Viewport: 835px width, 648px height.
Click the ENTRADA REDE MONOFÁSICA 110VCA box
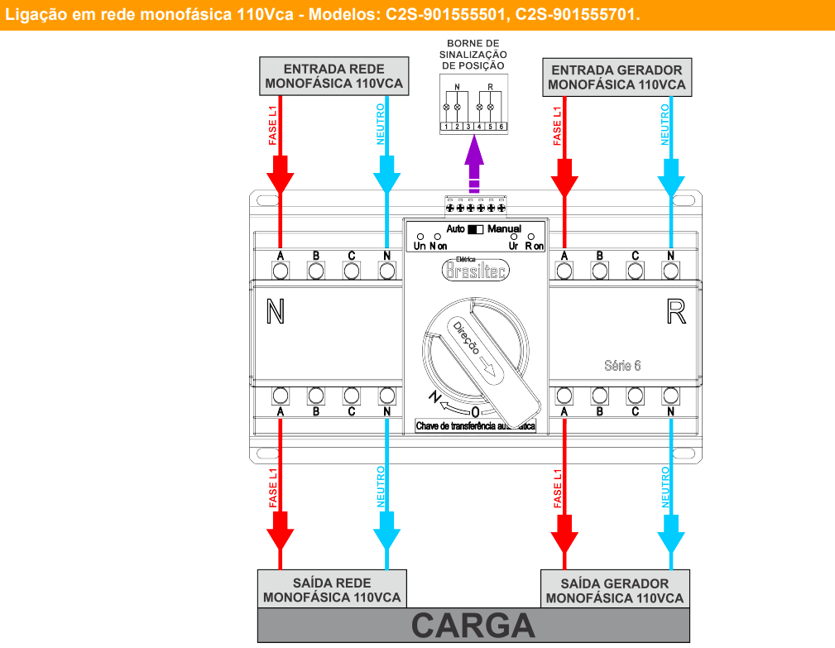tap(334, 76)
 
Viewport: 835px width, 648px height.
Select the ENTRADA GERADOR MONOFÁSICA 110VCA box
tap(617, 77)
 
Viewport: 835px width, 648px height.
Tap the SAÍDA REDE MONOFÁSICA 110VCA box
tap(331, 589)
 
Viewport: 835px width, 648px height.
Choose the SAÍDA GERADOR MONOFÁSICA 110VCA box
tap(615, 589)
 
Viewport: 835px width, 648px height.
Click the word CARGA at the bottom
tap(473, 626)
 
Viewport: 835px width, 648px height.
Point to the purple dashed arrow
tap(474, 166)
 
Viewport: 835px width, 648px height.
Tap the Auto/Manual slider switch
tap(475, 228)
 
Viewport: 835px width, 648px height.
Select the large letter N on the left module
tap(276, 312)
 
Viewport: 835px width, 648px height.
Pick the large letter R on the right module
tap(675, 312)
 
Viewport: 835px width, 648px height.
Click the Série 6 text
tap(622, 366)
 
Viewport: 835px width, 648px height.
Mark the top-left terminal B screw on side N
tap(315, 270)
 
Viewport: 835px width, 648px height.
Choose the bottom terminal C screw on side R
tap(635, 395)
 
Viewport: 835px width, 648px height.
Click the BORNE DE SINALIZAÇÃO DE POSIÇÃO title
tap(473, 54)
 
